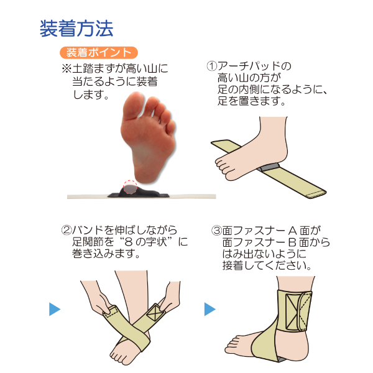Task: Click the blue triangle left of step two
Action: pyautogui.click(x=55, y=308)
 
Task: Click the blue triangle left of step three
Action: pyautogui.click(x=210, y=308)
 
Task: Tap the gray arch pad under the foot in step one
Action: pyautogui.click(x=269, y=167)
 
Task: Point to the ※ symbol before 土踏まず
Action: pyautogui.click(x=67, y=68)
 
